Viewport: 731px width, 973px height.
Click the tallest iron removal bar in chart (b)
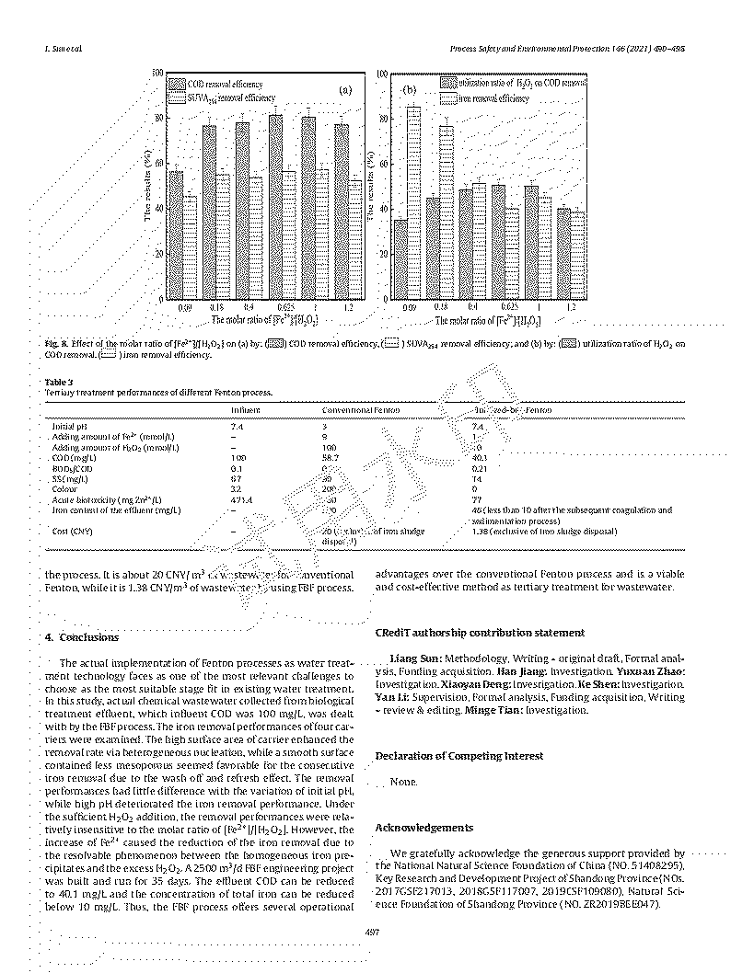click(x=413, y=202)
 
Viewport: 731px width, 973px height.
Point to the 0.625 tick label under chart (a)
click(x=288, y=306)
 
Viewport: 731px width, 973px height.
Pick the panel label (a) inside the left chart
click(x=345, y=90)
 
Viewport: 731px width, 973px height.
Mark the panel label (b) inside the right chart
click(x=410, y=90)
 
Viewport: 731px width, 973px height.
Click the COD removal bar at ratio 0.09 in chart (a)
click(x=176, y=235)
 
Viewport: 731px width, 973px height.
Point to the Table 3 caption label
click(x=58, y=382)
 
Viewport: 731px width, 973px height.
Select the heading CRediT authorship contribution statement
click(x=479, y=632)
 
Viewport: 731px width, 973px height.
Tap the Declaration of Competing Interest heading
click(x=458, y=756)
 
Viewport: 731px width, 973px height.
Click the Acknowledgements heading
click(x=424, y=828)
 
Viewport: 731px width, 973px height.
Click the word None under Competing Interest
click(x=403, y=783)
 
